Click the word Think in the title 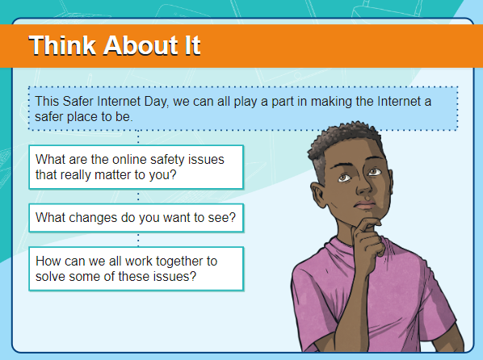click(62, 45)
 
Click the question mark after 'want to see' click(233, 217)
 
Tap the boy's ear click(319, 195)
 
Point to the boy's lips click(365, 205)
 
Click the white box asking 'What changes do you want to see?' click(136, 218)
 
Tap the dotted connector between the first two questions click(138, 196)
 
